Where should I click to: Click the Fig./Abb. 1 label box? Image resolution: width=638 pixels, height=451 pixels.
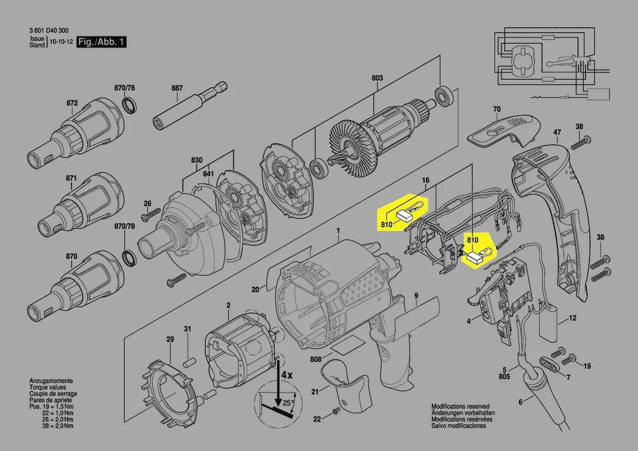coord(102,42)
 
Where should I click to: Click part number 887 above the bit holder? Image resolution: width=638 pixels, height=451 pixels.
coord(177,88)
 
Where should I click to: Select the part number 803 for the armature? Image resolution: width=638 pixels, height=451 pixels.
coord(377,78)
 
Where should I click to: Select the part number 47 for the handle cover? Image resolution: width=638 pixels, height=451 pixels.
coord(557,132)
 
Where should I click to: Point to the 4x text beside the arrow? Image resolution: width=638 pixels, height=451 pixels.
coord(287,376)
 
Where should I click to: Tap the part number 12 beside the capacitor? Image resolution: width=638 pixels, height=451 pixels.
coord(573,318)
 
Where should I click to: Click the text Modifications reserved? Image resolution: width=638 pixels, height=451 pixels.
coord(460,407)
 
